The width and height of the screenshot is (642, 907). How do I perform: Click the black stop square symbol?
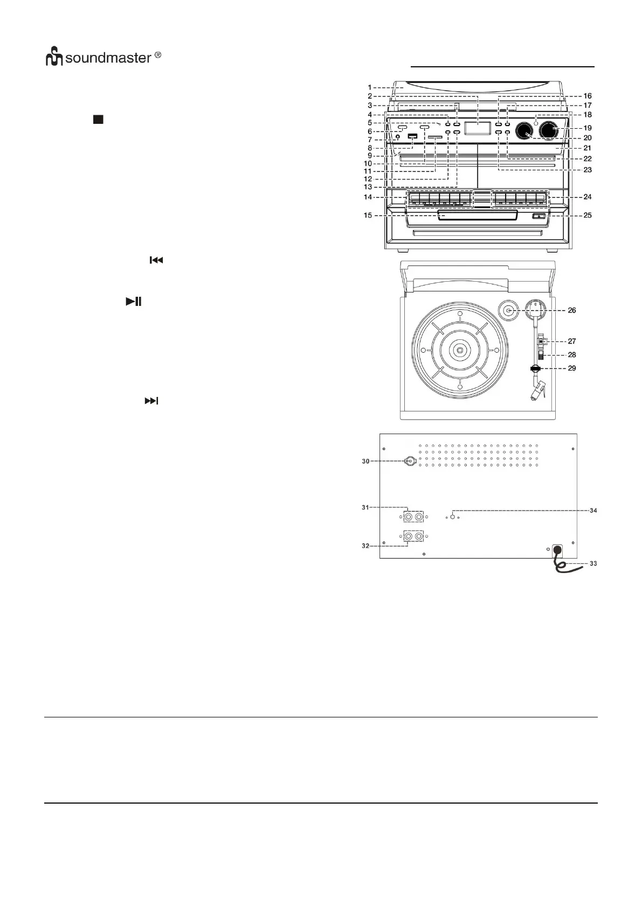pos(97,120)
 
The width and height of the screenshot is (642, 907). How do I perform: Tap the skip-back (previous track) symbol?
pos(156,261)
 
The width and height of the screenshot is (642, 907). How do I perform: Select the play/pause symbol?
pos(134,302)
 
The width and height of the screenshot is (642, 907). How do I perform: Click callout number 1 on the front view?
pos(370,87)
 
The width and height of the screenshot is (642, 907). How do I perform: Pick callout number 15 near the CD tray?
pos(368,215)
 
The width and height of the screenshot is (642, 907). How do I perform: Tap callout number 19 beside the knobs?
pos(588,128)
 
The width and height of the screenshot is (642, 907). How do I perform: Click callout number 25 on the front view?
pos(588,215)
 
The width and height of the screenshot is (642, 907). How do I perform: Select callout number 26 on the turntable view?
pos(572,310)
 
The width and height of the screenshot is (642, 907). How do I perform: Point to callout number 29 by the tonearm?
pos(572,368)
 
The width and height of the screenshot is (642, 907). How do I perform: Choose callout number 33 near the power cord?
pos(592,564)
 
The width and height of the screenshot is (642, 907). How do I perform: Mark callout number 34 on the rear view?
pos(592,510)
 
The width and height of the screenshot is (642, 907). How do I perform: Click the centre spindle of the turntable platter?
pos(459,350)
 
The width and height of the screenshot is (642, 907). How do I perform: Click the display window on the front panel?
pos(477,128)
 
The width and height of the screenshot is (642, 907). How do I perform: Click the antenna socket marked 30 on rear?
pos(410,461)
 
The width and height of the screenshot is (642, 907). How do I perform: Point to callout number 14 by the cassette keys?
pos(368,198)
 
